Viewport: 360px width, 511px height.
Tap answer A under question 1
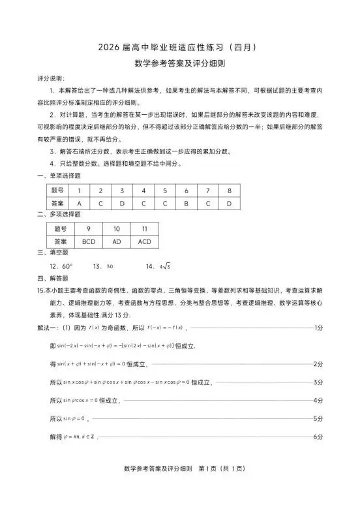coord(79,203)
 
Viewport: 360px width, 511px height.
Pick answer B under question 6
coord(186,203)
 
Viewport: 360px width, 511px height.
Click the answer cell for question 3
coord(122,203)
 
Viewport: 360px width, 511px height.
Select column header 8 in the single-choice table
coord(230,191)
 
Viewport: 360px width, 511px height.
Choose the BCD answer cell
coord(88,241)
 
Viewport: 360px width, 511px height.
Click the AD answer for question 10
coord(117,241)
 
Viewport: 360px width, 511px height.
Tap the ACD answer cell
coord(145,241)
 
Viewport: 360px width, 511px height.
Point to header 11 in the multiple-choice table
coord(145,228)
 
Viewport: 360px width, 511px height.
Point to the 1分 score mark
coord(318,327)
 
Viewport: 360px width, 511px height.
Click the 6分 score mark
coord(318,436)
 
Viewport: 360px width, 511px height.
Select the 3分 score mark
coord(318,382)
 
